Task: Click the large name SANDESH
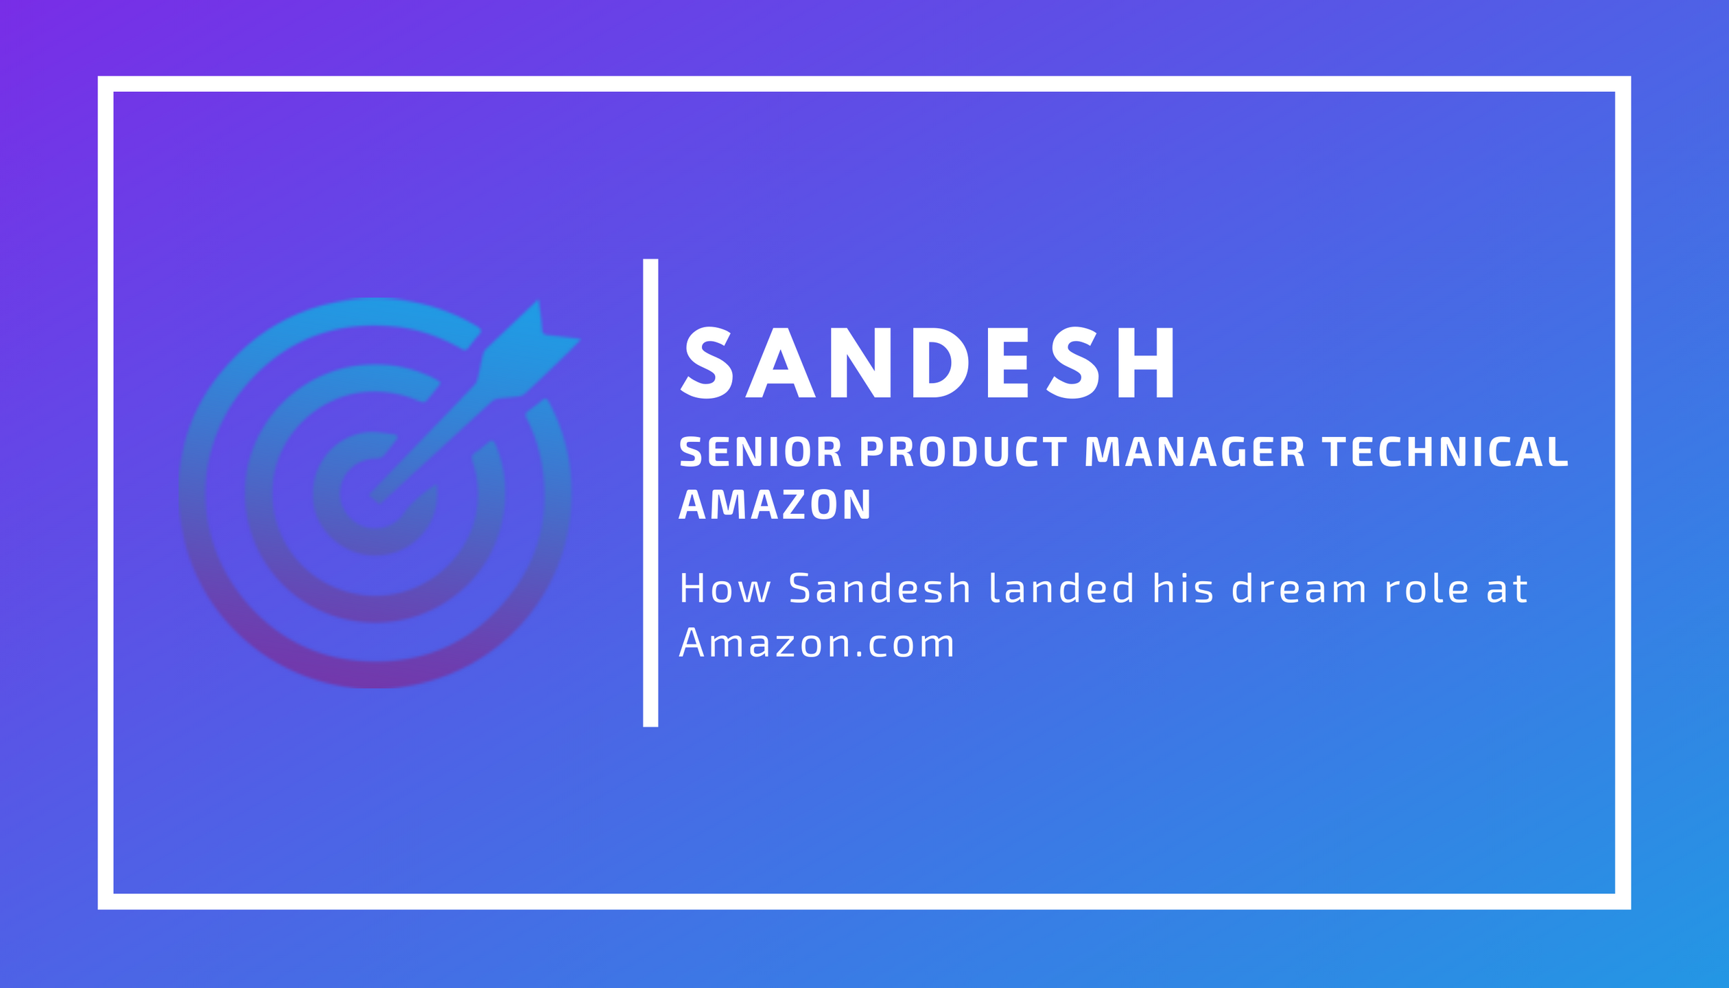point(928,362)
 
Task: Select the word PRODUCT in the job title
point(963,452)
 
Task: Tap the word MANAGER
point(1195,452)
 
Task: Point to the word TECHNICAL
point(1446,452)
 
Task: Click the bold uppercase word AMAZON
point(775,505)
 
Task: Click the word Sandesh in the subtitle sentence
point(880,589)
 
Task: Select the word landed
point(1061,589)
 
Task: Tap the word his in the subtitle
point(1184,589)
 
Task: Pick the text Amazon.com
point(816,643)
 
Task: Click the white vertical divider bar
point(650,493)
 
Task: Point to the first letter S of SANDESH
point(707,362)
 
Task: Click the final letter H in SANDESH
point(1146,362)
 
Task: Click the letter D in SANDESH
point(941,362)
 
